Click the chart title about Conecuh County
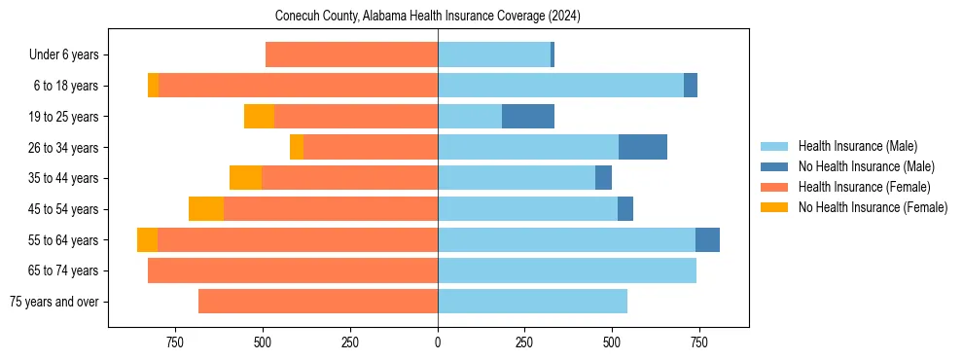428,17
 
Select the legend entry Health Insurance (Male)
857,146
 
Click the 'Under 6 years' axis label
64,55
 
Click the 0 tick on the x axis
438,342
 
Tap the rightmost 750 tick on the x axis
698,342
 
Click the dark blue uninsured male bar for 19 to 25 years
528,117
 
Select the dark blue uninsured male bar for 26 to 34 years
643,148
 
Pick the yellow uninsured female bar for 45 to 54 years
206,209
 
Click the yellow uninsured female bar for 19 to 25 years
259,117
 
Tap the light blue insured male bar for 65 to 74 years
567,270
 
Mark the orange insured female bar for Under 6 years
351,55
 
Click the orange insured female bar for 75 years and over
318,302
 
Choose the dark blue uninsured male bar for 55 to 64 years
707,240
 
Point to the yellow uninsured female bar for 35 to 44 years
245,178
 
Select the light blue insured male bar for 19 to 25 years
470,117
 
